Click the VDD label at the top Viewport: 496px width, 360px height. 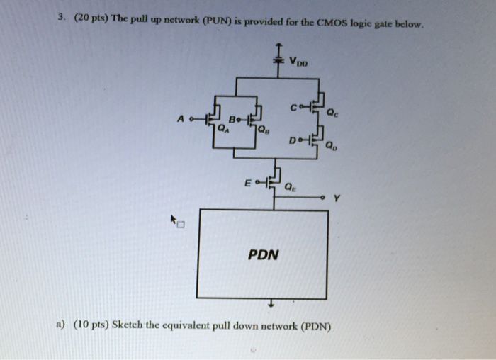point(299,64)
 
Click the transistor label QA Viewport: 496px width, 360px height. point(222,129)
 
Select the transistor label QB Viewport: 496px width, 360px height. point(263,130)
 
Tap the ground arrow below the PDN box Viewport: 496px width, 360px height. point(271,305)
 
